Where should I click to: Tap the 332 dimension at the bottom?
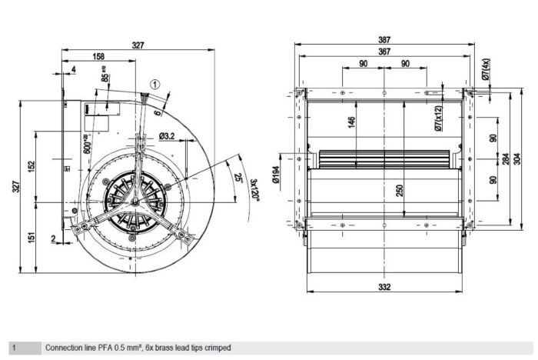click(384, 287)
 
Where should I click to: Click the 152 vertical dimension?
click(30, 167)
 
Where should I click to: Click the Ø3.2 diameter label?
click(168, 137)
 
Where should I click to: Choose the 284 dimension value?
click(505, 159)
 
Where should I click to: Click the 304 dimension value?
click(517, 159)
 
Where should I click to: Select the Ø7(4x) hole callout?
click(486, 70)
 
